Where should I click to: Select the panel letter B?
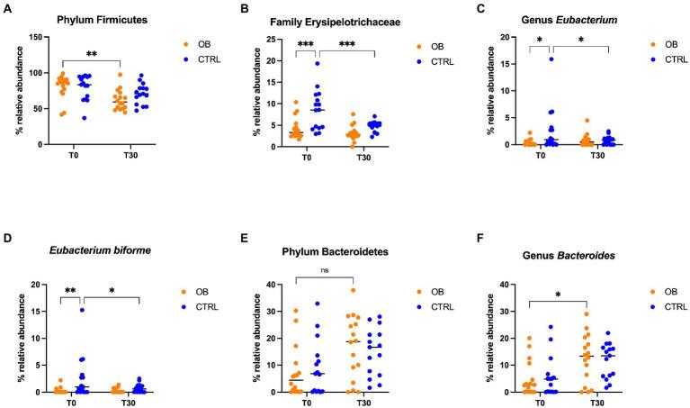242,9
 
